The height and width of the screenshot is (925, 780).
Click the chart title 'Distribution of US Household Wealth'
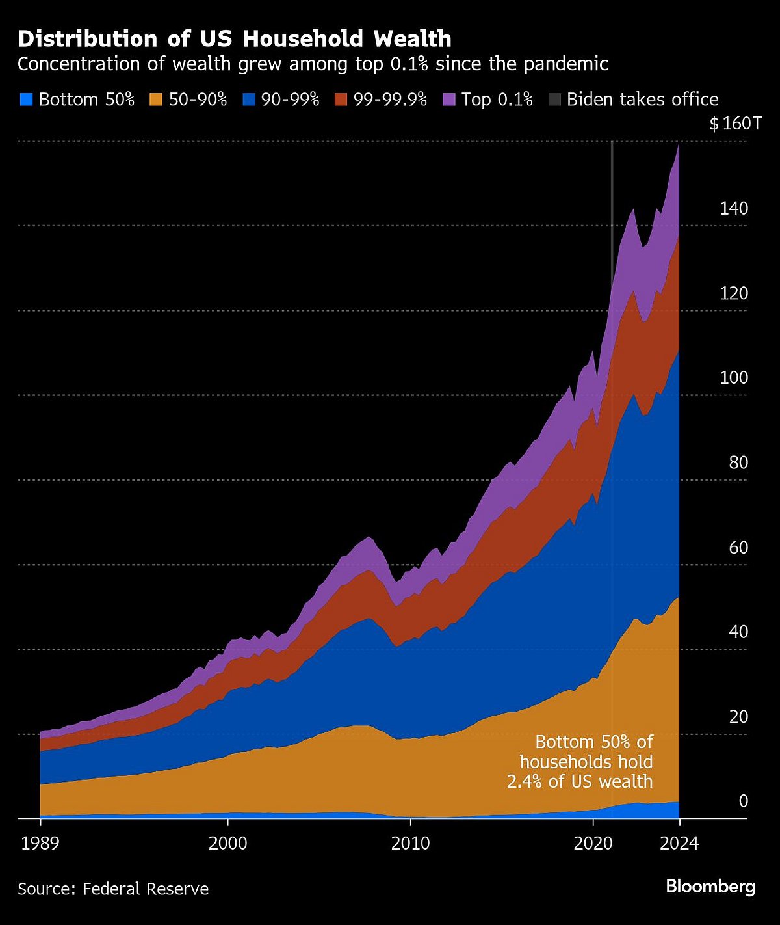coord(235,39)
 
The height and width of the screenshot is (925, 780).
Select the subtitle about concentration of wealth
coord(313,64)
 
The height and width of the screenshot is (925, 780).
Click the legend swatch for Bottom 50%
coord(26,100)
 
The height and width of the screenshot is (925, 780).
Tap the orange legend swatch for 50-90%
coord(156,100)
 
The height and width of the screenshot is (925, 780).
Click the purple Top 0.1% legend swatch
coord(449,100)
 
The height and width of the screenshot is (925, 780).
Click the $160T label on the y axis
coord(735,124)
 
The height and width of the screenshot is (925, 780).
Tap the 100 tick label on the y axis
coord(734,378)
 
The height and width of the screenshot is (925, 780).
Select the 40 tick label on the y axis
coord(738,632)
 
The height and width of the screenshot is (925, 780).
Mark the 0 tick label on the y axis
coord(744,801)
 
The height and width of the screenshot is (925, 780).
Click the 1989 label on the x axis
coord(40,844)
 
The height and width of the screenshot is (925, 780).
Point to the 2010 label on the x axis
coord(410,844)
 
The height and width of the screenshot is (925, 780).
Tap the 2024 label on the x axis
coord(679,844)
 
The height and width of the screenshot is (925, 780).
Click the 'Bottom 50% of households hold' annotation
coord(586,761)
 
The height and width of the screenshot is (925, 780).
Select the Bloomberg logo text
coord(710,887)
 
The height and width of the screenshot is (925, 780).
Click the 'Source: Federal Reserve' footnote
coord(113,889)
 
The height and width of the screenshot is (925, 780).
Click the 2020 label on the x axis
coord(593,844)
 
